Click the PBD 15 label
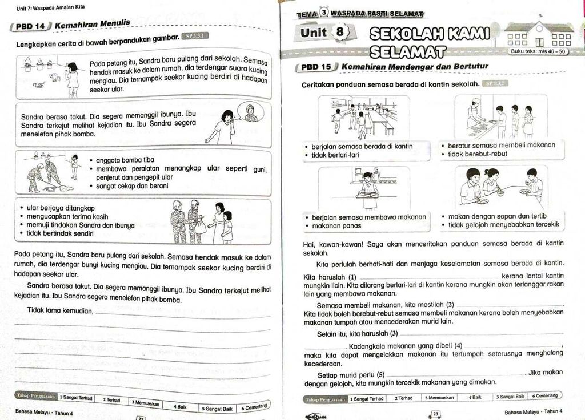point(318,67)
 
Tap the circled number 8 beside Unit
point(342,33)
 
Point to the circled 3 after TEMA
point(324,13)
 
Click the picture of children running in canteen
point(364,118)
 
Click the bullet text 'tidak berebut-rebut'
point(477,154)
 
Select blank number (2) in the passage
point(508,305)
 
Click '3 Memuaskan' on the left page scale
point(145,403)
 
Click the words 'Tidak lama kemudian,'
point(60,310)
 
